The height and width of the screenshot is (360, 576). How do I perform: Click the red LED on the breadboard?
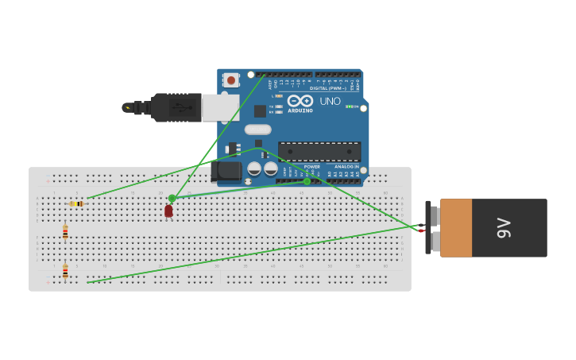coord(168,211)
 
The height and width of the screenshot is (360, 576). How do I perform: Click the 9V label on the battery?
coord(504,227)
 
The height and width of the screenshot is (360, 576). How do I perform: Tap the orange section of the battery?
coord(456,228)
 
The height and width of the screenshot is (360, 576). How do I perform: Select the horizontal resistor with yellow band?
coord(76,204)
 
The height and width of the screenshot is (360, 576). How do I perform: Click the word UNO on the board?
coord(331,102)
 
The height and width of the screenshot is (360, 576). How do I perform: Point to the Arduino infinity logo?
coord(300,101)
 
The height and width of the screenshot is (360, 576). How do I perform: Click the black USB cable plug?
coord(176,107)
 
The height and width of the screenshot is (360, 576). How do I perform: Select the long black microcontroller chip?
coord(319,151)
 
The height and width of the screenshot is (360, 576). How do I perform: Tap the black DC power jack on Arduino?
coord(226,171)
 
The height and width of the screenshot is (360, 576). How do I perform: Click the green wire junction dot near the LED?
coord(172,198)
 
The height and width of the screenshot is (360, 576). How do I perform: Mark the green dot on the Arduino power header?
coord(307,181)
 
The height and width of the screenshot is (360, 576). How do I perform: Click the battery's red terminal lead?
coord(421,230)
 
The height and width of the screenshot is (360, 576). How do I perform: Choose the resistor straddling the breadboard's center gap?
coord(65,232)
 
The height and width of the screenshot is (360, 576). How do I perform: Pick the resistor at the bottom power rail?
coord(65,272)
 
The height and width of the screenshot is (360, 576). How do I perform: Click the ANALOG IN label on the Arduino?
coord(346,167)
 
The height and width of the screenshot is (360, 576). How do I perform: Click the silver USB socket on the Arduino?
coord(220,107)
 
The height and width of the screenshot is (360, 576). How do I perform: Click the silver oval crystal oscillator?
coord(257,130)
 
